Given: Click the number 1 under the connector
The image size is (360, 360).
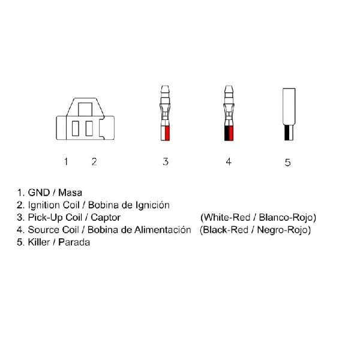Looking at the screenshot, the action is point(66,161).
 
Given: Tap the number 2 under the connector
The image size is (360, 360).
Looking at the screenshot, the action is point(94,161).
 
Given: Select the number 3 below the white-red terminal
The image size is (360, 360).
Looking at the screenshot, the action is point(166,161).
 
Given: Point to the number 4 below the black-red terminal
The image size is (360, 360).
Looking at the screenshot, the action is point(229,161).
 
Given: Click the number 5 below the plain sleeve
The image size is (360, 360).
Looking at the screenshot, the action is point(287,163).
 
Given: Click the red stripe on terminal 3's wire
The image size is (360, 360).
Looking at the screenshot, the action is point(167,133).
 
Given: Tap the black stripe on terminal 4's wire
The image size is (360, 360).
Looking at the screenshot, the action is point(227,133).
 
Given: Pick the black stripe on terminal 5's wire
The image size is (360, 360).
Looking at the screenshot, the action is point(287,133).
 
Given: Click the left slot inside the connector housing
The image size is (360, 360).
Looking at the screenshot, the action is point(76,128).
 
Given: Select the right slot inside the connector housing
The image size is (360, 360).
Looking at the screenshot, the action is point(89,128).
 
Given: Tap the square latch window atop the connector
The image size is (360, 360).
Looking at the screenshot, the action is point(85,109).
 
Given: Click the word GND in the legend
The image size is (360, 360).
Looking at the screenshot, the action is point(38,193).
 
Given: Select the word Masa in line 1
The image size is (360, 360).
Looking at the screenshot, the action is point(70,193).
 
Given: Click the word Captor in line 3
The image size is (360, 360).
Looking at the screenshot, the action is point(106,217).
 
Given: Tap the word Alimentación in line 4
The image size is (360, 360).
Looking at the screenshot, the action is point(163,230).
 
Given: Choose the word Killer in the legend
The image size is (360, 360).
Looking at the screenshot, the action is point(39,242).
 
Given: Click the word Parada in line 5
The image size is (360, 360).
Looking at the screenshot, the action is point(74,242).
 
